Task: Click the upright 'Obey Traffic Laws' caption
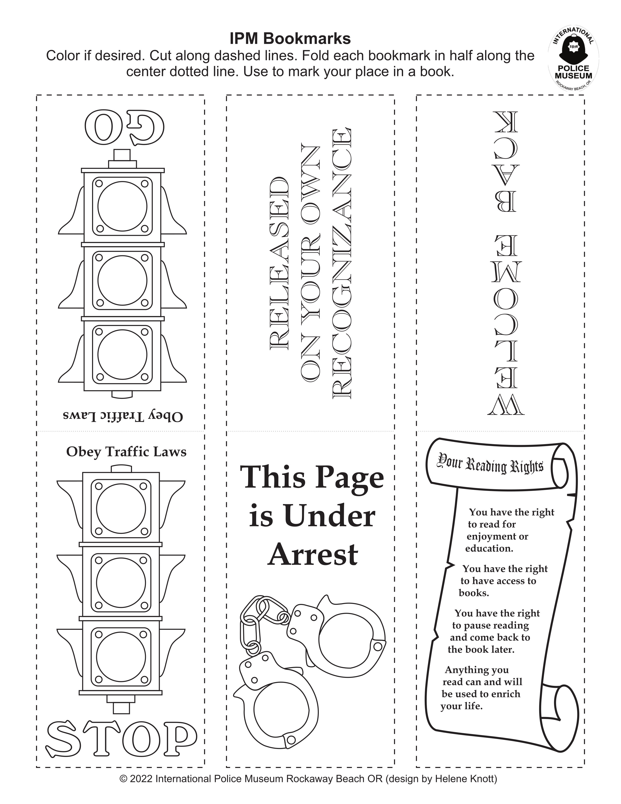tap(126, 452)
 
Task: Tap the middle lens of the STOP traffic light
tap(121, 582)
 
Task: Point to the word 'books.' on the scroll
tap(474, 593)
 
